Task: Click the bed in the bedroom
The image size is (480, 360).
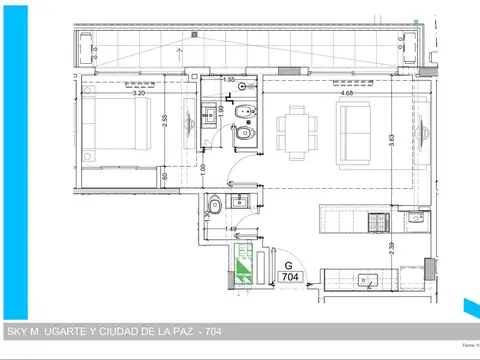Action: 115,131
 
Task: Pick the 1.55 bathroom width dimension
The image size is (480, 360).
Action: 229,80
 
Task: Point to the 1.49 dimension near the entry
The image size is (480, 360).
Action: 232,229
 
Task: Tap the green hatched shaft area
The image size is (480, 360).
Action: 242,267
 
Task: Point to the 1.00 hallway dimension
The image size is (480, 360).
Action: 203,170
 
